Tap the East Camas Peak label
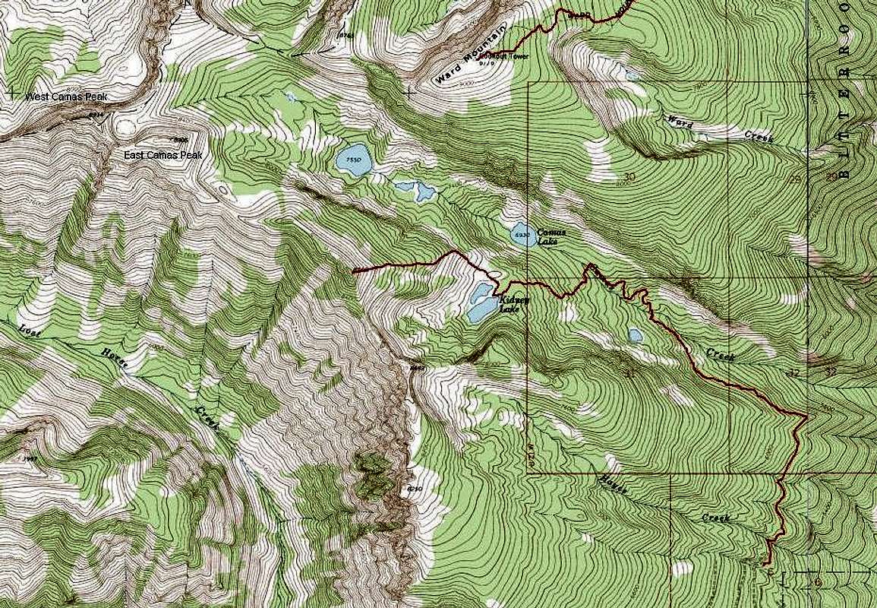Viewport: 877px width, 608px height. tap(164, 155)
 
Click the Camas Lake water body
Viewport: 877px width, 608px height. tap(520, 235)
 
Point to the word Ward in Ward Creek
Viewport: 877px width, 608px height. tap(679, 122)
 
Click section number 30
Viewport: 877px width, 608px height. tap(629, 176)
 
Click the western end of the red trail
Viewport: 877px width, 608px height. tap(355, 270)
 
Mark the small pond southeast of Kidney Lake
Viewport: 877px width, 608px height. tap(635, 335)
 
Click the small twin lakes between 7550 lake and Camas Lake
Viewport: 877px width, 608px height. tap(416, 191)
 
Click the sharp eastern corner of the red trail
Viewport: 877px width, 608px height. tap(806, 415)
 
